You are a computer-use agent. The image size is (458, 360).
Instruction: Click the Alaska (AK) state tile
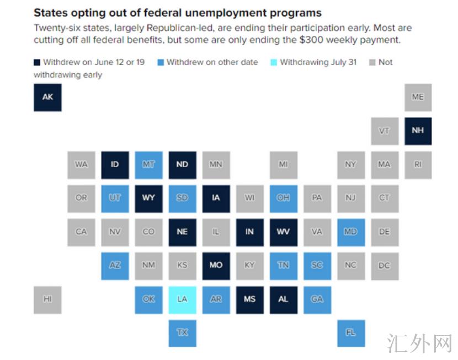(47, 97)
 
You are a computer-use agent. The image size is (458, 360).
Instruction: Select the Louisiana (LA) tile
(182, 299)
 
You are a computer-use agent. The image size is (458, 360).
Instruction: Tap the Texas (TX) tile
(182, 333)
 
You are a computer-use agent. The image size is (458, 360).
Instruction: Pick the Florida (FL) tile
(350, 333)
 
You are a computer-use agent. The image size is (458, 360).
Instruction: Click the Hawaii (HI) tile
(47, 299)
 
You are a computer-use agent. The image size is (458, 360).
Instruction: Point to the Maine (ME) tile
(418, 97)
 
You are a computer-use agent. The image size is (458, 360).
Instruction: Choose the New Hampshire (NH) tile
(418, 131)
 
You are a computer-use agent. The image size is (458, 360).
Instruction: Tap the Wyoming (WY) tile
(148, 198)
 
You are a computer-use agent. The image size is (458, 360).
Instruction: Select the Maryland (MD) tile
(350, 232)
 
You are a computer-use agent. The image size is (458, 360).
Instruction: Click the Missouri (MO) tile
(216, 265)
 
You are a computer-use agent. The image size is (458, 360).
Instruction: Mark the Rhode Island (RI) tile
(418, 164)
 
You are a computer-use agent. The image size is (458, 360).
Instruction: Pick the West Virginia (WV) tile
(283, 232)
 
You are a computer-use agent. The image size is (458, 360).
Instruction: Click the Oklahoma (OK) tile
(148, 299)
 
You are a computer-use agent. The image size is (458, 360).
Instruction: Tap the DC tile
(384, 265)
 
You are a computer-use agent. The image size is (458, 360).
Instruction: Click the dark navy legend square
(37, 62)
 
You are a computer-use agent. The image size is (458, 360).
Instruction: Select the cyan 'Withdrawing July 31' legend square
(274, 62)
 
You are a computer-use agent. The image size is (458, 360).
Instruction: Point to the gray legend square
(372, 62)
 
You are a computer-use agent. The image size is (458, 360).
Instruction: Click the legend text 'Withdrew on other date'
(212, 62)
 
